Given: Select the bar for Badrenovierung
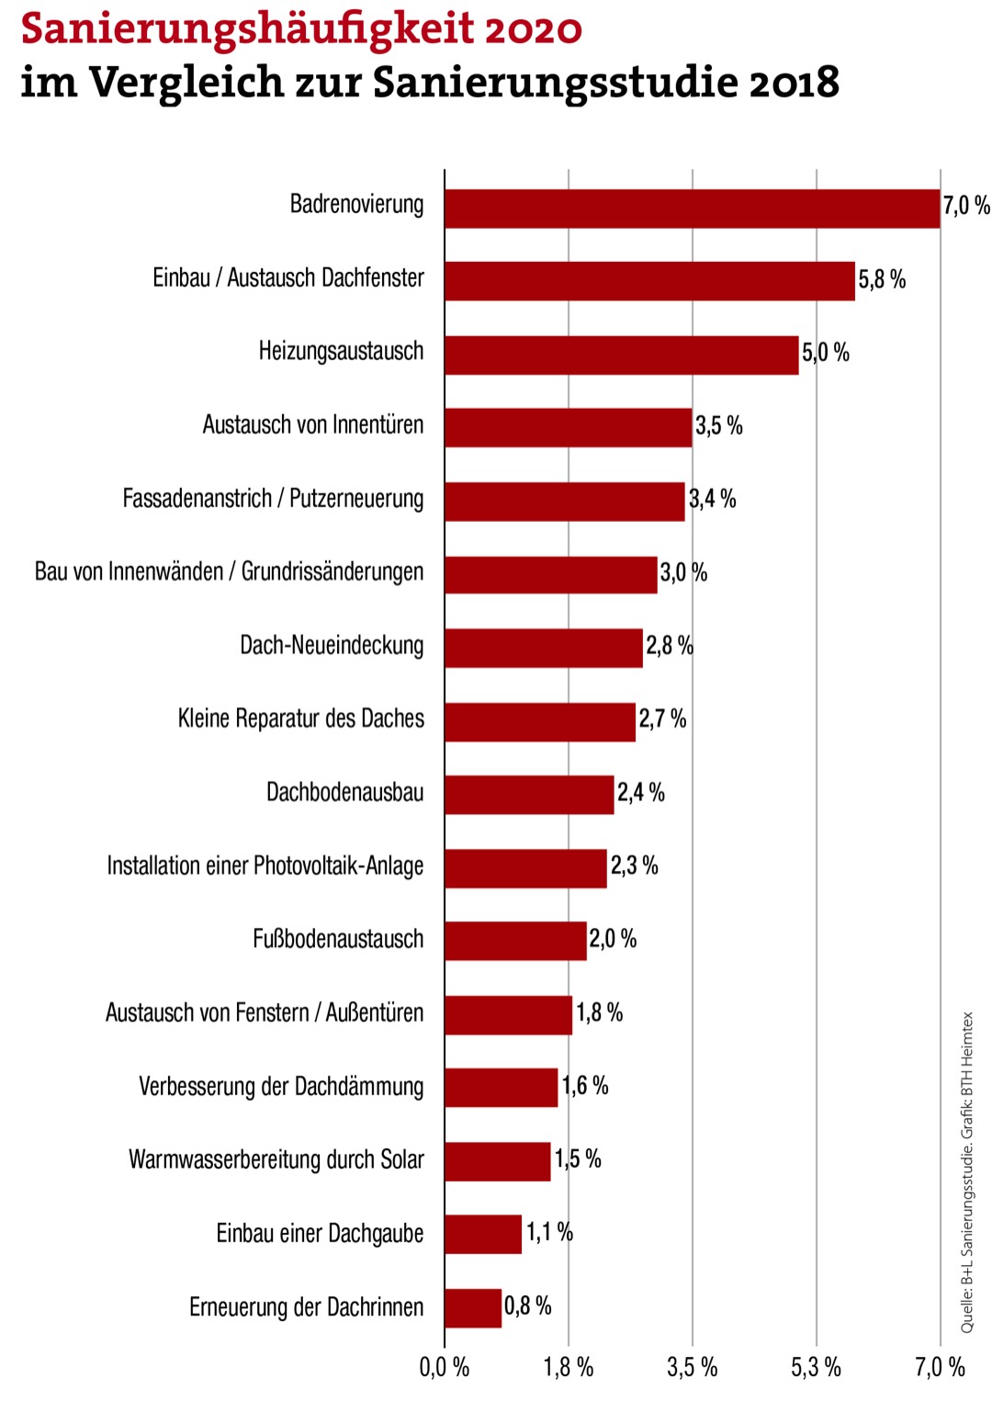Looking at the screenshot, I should [693, 209].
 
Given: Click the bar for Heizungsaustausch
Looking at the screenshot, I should [622, 355].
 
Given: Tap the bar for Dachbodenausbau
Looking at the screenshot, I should [529, 795].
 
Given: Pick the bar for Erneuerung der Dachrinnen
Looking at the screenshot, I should [473, 1308].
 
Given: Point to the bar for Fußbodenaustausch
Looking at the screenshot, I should [515, 942].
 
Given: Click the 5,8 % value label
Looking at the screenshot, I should [882, 279].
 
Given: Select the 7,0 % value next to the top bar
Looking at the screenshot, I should [966, 206].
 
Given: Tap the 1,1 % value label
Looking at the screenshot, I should [549, 1232].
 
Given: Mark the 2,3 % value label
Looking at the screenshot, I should [635, 865].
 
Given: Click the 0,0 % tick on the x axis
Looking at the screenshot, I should [445, 1367].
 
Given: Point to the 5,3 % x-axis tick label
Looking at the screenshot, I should [816, 1367].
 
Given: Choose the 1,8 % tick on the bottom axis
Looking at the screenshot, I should [569, 1367].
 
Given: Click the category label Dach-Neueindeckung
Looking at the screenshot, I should [332, 645].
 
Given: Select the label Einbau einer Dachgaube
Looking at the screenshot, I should [320, 1233].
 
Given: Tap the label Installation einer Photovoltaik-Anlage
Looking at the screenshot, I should [265, 865].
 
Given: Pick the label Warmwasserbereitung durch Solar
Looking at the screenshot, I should [276, 1159].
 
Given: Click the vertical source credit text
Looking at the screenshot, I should [967, 1172].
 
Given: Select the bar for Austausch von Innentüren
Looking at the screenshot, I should [568, 428].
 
